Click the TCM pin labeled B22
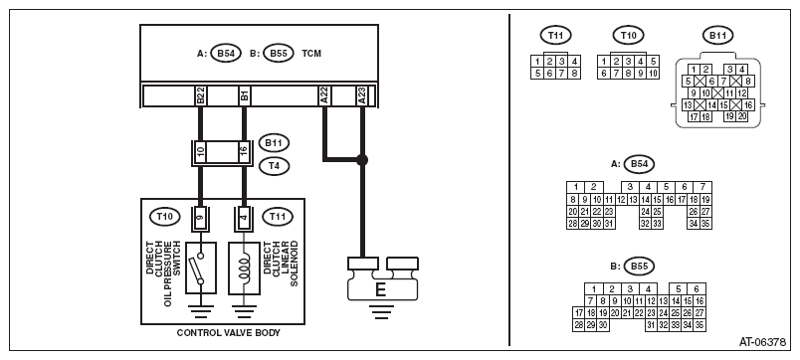(x=200, y=95)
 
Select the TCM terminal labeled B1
(x=244, y=95)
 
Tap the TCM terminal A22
(x=323, y=95)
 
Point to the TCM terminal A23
(x=362, y=95)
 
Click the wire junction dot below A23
(x=362, y=160)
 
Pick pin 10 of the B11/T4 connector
(x=200, y=152)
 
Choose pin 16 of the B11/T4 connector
(x=244, y=152)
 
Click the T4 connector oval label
(x=274, y=166)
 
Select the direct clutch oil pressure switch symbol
(x=201, y=268)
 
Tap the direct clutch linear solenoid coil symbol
(x=244, y=268)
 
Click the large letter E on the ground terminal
(x=380, y=290)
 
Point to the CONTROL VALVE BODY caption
(x=229, y=333)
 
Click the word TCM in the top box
(x=311, y=53)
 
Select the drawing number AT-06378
(x=762, y=342)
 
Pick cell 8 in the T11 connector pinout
(x=574, y=74)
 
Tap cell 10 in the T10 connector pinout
(x=653, y=74)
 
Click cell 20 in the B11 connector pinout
(x=741, y=116)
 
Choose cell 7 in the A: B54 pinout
(x=702, y=187)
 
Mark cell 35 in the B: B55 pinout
(x=700, y=324)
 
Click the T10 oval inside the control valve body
(x=164, y=217)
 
